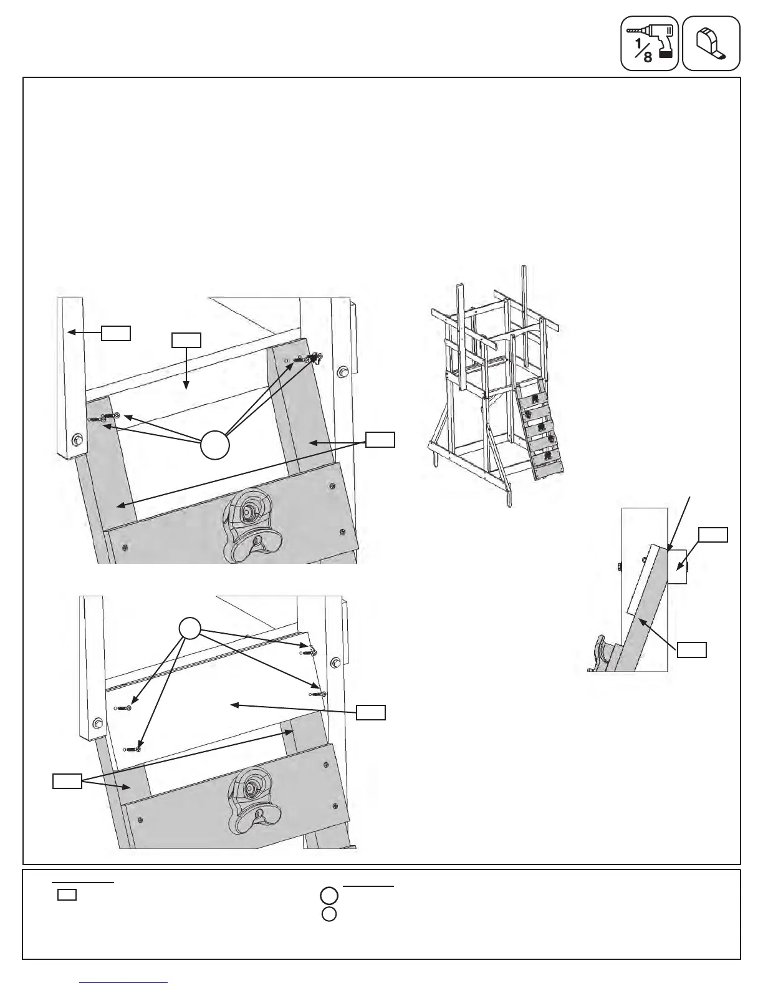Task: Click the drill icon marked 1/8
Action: pos(649,43)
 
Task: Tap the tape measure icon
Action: pos(711,43)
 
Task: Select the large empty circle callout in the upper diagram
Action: pos(215,444)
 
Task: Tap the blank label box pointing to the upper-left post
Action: pos(117,332)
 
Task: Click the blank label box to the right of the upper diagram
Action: pos(380,439)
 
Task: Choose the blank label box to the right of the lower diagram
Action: pos(371,712)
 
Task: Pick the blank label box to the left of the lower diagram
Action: pos(67,781)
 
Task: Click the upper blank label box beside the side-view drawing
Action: pos(713,535)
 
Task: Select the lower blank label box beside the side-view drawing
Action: pos(692,649)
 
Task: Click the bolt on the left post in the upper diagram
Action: pos(78,439)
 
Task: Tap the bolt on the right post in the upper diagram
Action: pos(342,373)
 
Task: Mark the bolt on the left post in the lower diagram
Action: pos(97,724)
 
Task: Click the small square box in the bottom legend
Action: pos(67,895)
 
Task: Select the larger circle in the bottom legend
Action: pos(330,896)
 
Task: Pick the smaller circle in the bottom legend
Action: pos(330,914)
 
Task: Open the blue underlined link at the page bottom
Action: pos(124,982)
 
